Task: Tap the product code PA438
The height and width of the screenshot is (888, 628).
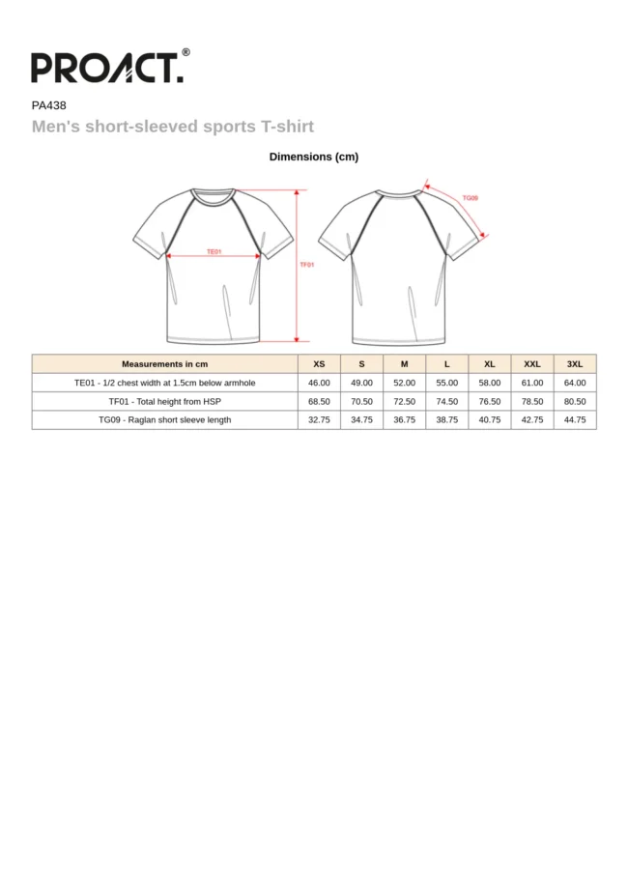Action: pos(48,106)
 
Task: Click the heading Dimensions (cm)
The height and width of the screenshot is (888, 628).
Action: pos(314,157)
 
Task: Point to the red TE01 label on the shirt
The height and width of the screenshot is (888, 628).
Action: pos(214,251)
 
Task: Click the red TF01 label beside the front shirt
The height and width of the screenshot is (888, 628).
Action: pos(306,264)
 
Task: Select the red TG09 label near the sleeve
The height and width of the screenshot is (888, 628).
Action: pos(470,197)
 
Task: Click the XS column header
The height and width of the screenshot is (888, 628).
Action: pos(319,364)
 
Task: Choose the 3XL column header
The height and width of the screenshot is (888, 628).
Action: pos(575,364)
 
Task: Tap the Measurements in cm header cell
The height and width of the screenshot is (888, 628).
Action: pos(164,364)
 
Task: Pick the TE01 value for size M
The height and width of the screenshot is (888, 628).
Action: pos(404,383)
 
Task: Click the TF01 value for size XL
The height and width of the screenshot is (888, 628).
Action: pos(490,401)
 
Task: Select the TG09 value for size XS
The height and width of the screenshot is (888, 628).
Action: pos(319,420)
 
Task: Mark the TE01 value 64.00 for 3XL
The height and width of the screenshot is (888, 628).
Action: pos(575,383)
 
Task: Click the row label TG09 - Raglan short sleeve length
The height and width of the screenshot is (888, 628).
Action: pos(164,420)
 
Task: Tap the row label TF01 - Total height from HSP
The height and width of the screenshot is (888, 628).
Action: pos(164,401)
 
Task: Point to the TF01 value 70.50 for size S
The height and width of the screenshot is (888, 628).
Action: pos(361,401)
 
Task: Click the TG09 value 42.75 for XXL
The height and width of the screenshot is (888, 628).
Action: pos(532,420)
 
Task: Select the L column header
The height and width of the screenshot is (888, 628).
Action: pos(446,364)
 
